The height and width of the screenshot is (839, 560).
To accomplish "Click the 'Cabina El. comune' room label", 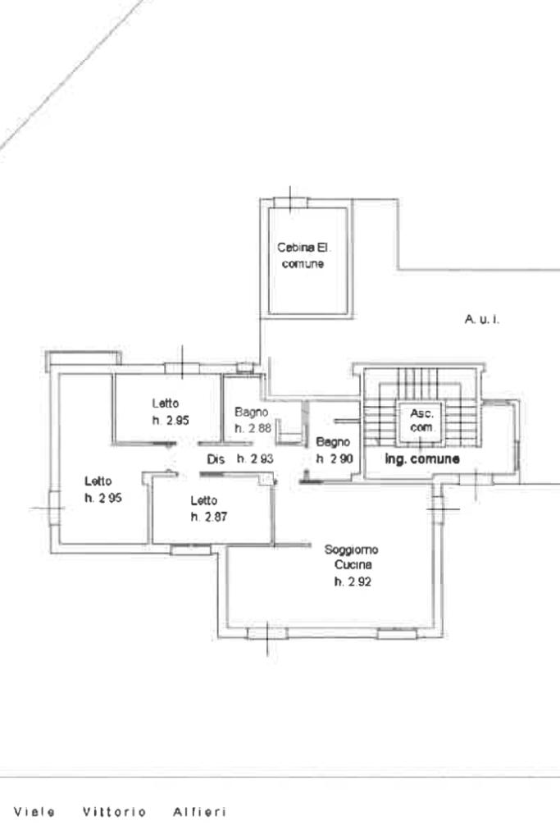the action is (x=304, y=256).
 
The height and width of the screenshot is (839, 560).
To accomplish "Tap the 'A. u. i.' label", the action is (x=482, y=319).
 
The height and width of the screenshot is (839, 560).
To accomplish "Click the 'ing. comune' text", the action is (x=422, y=458).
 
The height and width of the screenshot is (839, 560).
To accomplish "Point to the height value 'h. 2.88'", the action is (x=253, y=428).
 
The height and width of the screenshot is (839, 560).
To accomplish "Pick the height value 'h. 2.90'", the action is (x=335, y=458).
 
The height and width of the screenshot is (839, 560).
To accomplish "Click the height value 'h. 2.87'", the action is (x=208, y=517).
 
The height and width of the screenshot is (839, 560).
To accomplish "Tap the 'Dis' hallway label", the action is (x=216, y=459).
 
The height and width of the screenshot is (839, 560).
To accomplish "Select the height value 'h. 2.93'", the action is (x=255, y=458).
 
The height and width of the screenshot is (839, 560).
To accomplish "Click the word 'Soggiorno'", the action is (x=352, y=549).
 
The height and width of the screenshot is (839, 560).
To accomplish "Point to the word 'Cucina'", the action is (x=353, y=564).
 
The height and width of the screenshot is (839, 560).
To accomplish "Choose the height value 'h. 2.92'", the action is (x=353, y=581).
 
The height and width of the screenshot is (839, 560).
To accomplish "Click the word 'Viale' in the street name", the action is (x=34, y=812).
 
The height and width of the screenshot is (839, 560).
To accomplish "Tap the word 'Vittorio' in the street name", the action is (x=115, y=812).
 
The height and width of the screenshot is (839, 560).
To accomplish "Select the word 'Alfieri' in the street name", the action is (x=199, y=812).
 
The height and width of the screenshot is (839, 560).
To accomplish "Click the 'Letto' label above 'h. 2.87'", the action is (x=204, y=500).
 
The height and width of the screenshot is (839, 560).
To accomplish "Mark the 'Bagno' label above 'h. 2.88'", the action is (x=252, y=412).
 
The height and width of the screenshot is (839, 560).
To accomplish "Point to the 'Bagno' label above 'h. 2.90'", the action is (x=333, y=442).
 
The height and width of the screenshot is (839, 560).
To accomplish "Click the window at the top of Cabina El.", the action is (x=291, y=203).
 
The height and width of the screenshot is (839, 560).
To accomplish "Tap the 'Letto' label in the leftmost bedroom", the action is (x=98, y=481).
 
